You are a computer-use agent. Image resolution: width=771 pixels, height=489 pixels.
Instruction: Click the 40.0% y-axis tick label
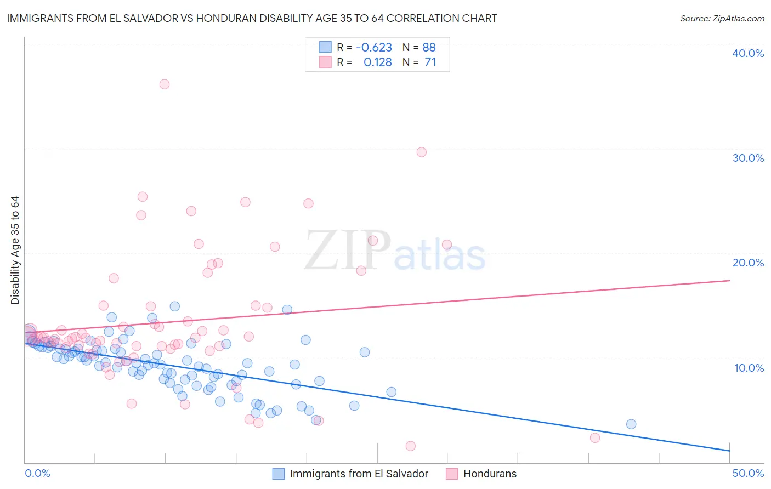(748, 53)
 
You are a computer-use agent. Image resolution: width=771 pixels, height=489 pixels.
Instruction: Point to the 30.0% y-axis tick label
(748, 158)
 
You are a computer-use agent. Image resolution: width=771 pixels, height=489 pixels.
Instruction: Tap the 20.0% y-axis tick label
(748, 263)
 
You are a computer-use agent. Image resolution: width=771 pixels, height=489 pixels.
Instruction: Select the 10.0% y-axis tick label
(748, 368)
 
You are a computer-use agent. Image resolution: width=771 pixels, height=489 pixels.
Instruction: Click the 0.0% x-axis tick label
(37, 473)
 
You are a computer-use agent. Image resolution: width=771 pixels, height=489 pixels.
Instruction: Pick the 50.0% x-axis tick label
(748, 473)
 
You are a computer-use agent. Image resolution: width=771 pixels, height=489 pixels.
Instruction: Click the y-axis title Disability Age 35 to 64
(15, 250)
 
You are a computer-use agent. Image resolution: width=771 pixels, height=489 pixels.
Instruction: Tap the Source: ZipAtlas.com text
(722, 19)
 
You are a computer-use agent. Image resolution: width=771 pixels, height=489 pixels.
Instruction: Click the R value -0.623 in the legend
(374, 48)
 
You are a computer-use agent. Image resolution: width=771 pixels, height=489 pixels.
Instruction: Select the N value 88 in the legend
(429, 48)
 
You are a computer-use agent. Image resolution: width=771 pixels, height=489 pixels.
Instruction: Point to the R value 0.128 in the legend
(377, 62)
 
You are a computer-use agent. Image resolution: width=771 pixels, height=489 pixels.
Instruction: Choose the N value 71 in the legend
(430, 62)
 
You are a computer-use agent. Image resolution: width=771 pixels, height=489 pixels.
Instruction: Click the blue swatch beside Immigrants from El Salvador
(279, 474)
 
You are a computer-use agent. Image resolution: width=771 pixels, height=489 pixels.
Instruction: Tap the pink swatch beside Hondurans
(452, 474)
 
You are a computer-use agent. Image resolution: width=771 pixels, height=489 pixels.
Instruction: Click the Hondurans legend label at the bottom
(490, 474)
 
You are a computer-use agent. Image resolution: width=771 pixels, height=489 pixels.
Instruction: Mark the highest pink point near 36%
(165, 84)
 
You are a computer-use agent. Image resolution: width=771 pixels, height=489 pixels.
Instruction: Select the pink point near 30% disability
(421, 152)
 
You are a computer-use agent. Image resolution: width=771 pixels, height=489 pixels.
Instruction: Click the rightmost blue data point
(631, 424)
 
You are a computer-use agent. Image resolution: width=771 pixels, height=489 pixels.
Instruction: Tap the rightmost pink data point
(594, 438)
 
